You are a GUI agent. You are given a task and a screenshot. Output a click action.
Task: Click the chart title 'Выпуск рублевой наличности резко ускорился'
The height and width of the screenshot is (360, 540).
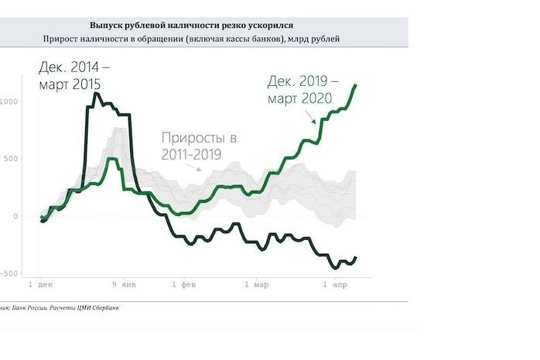202,26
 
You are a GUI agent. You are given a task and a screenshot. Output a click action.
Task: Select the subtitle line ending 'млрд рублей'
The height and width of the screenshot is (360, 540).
202,39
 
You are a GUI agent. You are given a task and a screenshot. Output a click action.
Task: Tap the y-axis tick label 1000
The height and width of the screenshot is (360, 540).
9,101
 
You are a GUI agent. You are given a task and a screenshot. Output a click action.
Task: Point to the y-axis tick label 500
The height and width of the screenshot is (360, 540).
10,159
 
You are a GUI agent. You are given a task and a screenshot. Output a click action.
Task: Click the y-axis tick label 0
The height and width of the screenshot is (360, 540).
15,216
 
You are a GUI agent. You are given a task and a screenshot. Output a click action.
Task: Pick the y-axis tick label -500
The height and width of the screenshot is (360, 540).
9,273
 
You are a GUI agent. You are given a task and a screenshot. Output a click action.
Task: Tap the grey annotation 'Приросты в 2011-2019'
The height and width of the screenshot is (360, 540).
199,146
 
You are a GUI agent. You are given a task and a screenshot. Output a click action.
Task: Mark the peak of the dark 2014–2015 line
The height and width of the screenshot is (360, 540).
96,94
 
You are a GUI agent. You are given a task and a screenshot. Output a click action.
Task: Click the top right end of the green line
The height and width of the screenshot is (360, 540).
355,85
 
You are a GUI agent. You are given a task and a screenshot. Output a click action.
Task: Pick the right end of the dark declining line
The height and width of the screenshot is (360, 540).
356,258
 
